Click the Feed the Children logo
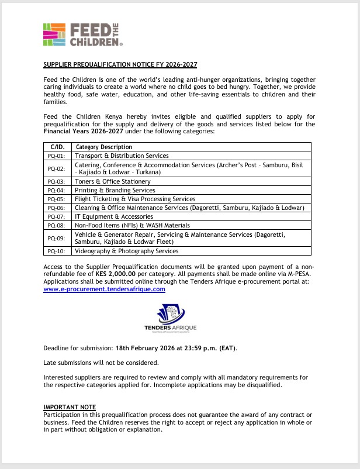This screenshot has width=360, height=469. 82,35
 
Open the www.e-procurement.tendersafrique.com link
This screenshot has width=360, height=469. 105,289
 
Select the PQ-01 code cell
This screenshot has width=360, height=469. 57,156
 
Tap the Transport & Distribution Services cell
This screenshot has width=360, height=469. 122,156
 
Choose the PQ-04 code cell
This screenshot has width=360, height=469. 57,190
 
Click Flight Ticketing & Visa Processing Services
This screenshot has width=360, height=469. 136,199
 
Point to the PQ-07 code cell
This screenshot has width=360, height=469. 57,216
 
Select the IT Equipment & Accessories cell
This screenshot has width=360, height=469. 113,216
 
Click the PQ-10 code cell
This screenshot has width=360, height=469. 57,251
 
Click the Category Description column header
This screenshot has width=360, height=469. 104,147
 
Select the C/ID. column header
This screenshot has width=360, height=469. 57,147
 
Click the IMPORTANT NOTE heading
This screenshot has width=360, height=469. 70,407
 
